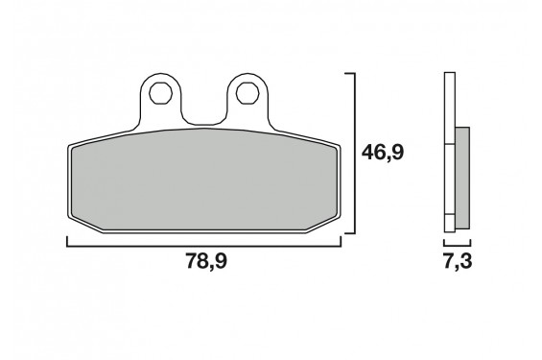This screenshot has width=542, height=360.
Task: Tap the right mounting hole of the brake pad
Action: pyautogui.click(x=246, y=93)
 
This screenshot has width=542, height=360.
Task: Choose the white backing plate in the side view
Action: pyautogui.click(x=449, y=154)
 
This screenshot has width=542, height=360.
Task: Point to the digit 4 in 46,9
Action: pyautogui.click(x=371, y=152)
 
